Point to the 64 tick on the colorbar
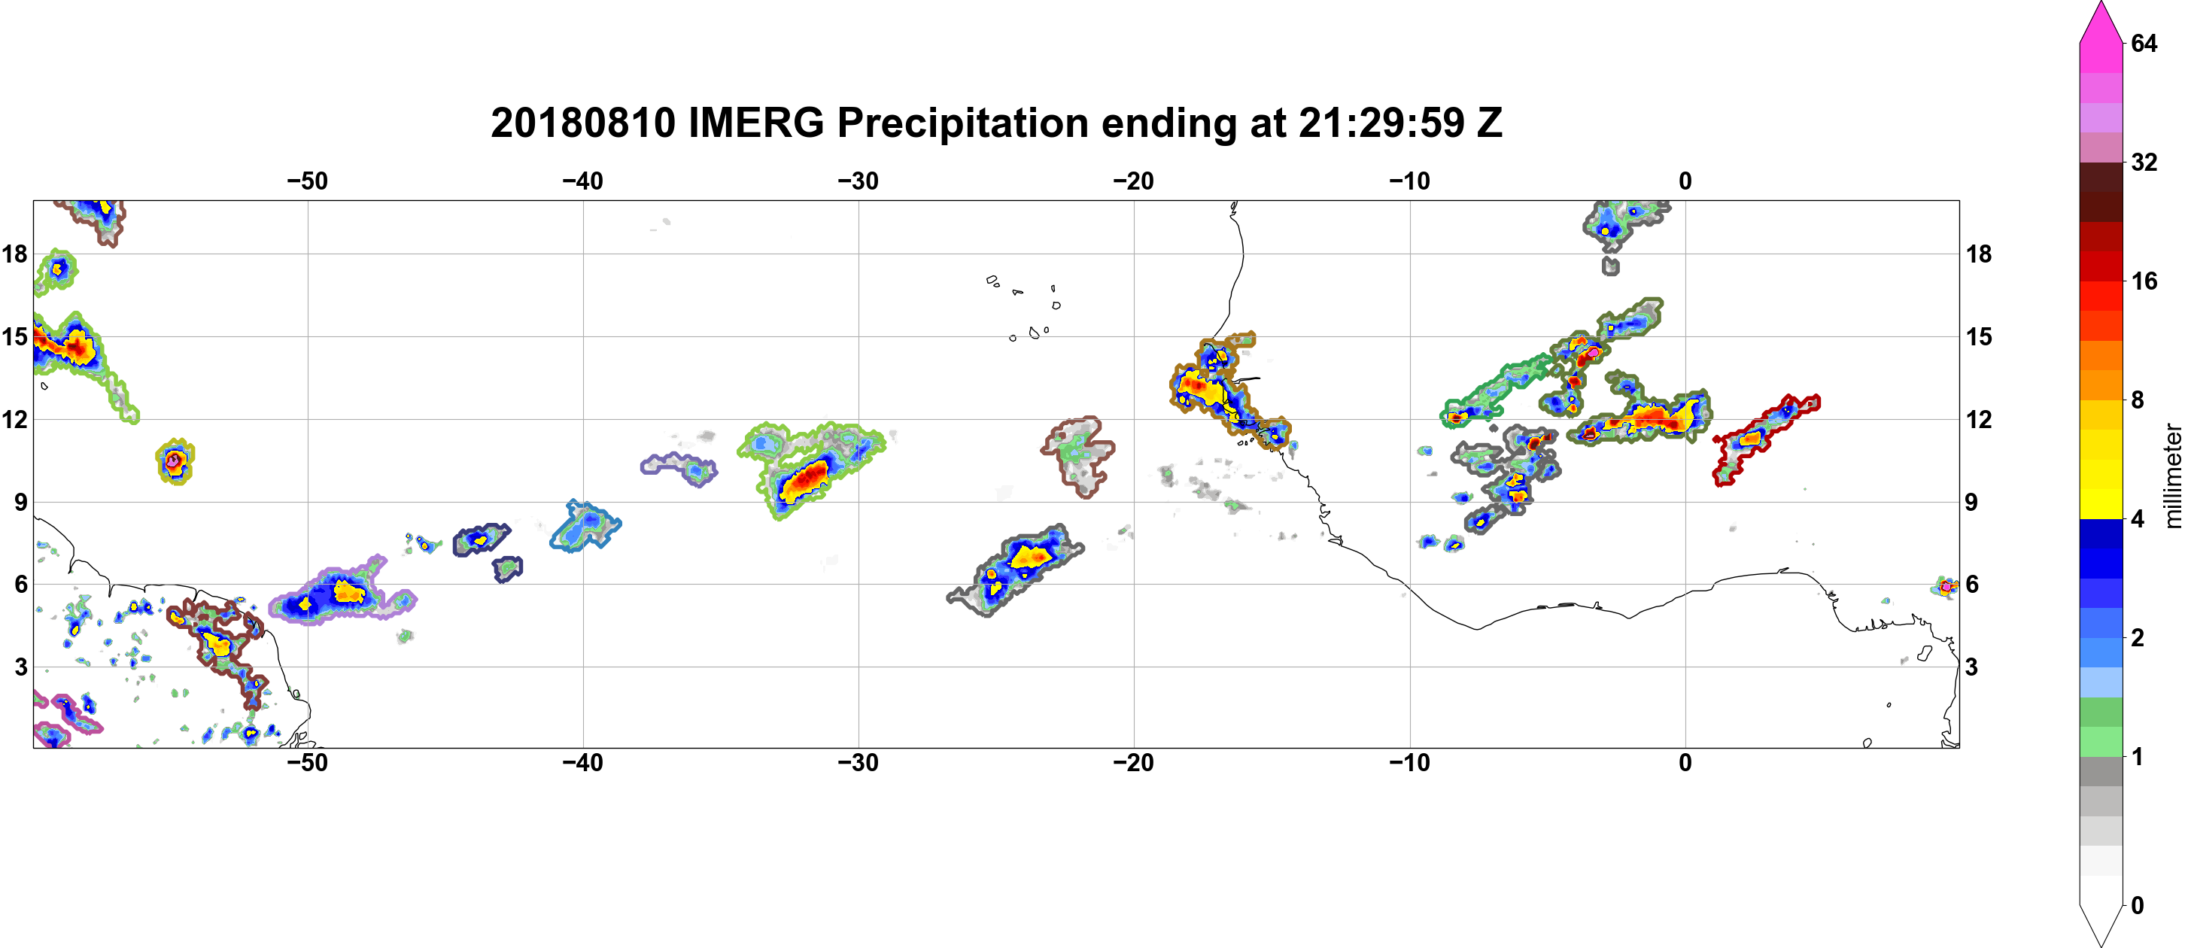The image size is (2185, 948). tap(2144, 43)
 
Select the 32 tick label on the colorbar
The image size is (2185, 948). tap(2144, 162)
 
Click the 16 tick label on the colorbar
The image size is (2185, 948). tap(2144, 281)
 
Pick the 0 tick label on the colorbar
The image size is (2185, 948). tap(2137, 906)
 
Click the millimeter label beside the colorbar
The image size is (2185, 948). tap(2172, 476)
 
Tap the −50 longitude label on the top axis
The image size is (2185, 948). tap(307, 181)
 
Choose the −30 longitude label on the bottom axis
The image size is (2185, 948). tap(859, 763)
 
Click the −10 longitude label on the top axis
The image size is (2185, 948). tap(1410, 181)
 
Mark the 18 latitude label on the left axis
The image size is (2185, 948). tap(14, 254)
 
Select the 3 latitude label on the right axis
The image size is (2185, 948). tap(1972, 667)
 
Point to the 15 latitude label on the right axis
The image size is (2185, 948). tap(1979, 336)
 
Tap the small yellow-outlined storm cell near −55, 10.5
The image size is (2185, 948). tap(175, 462)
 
